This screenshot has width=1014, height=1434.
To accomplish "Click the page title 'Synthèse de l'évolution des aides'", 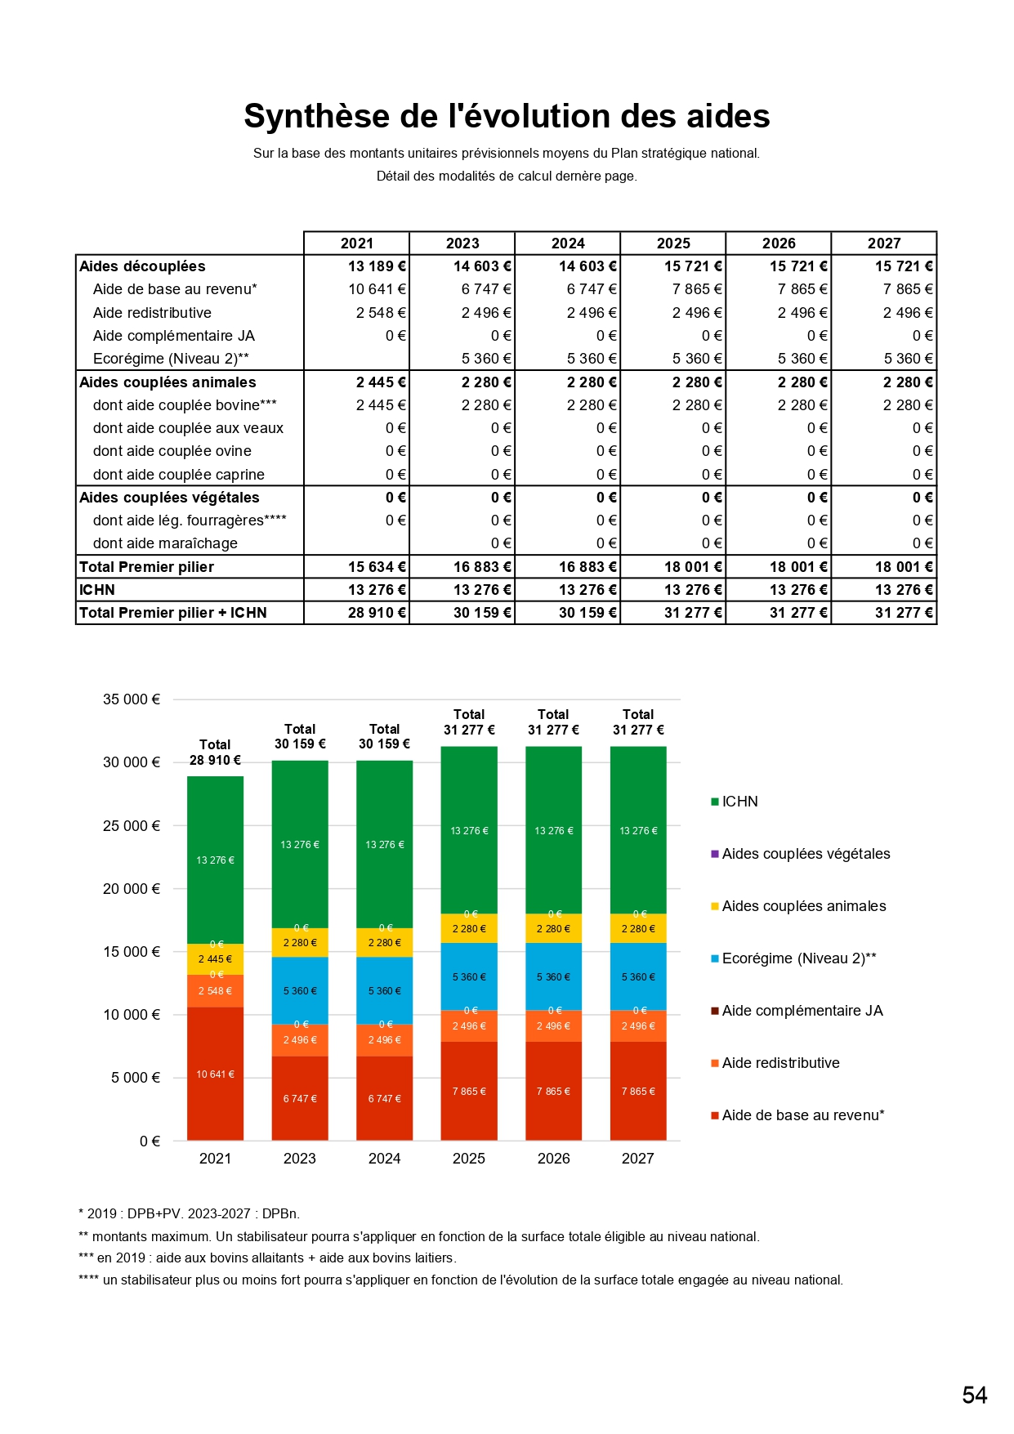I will [507, 116].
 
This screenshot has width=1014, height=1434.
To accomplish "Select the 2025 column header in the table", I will [673, 243].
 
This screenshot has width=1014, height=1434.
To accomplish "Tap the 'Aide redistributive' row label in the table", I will [152, 313].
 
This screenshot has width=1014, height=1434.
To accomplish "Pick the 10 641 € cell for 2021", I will [377, 289].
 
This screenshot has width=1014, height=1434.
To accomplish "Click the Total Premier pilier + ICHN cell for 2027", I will [904, 613].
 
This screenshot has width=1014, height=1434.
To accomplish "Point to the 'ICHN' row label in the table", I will [97, 590].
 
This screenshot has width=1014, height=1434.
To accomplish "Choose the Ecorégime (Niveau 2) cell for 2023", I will [486, 359].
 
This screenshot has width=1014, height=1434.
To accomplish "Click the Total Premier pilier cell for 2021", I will [377, 567].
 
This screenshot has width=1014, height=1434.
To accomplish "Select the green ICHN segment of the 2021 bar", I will [215, 860].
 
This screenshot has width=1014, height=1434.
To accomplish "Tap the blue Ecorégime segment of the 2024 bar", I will [384, 990].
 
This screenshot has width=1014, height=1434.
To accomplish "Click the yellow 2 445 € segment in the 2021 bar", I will [215, 959].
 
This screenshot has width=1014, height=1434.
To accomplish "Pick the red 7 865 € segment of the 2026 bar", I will [553, 1091].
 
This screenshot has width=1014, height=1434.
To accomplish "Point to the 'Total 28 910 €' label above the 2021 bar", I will [215, 753].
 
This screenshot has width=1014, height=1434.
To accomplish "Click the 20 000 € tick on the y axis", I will [132, 889].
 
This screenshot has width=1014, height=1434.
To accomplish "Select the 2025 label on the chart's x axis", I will [469, 1159].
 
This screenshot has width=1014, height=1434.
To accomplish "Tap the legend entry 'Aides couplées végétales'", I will [806, 854].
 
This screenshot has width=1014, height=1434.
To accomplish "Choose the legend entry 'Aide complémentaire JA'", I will [802, 1011].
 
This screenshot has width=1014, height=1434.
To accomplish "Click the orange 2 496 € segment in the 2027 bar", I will [638, 1026].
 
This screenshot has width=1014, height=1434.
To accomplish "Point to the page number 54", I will [974, 1395].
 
